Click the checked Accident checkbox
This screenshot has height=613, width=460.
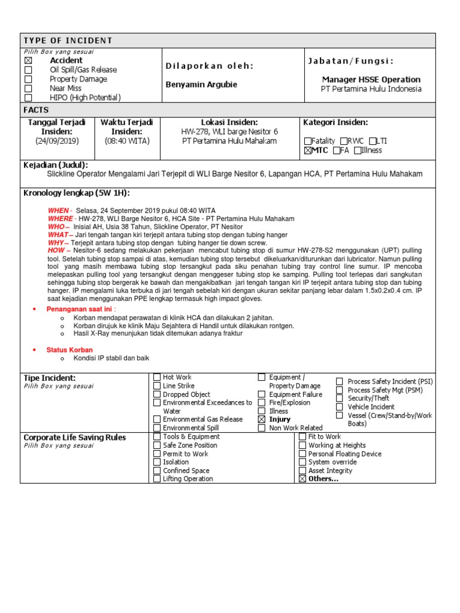point(28,61)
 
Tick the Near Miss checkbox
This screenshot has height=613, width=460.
point(28,89)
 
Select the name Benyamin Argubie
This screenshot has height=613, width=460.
point(201,84)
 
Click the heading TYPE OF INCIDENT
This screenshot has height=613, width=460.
point(68,41)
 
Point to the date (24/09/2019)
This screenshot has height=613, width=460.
point(57,141)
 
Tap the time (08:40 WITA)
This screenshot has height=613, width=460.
point(127,141)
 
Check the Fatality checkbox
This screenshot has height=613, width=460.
point(308,141)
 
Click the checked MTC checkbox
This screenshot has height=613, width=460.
point(308,151)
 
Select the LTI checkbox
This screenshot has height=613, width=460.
point(372,141)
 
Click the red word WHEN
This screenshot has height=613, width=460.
point(58,211)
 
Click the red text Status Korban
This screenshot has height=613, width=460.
point(69,350)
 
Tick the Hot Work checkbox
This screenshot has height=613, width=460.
point(157,377)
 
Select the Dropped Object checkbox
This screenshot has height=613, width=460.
point(157,394)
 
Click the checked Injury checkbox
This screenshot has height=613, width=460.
point(262,420)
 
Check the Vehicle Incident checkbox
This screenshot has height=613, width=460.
point(340,406)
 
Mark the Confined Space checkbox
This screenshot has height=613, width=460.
point(157,471)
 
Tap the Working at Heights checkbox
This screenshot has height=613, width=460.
point(302,445)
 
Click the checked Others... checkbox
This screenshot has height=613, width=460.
point(302,479)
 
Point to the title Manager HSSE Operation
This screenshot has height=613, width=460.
point(371,80)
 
